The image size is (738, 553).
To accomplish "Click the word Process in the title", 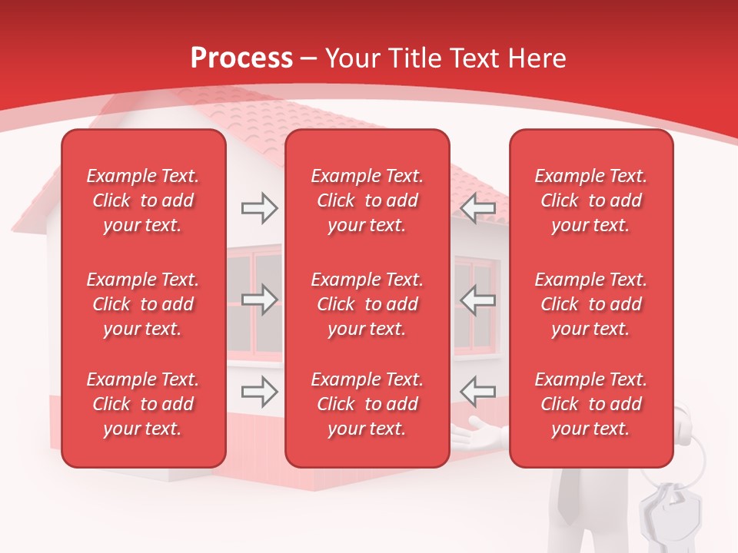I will point(241,58).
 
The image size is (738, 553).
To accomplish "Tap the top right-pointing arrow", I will point(259,208).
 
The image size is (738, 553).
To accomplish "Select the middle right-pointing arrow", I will point(259,300).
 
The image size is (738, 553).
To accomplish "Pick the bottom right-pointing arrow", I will point(259,392).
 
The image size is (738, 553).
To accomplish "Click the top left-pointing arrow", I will point(478,208).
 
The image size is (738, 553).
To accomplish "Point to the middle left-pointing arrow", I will point(478,300).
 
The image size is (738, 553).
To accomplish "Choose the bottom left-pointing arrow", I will point(478,392).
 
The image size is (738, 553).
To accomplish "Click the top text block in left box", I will point(143,200).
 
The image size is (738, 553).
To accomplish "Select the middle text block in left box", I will point(143,304).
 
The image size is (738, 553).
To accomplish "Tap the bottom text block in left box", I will point(143,404).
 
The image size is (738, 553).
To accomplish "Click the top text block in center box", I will point(367,200).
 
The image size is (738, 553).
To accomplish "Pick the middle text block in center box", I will point(367,304).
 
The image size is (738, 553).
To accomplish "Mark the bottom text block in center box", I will point(367,404).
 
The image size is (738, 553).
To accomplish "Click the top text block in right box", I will point(590,200).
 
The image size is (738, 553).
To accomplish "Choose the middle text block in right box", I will point(590,304).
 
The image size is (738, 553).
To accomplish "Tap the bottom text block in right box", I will point(590,404).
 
